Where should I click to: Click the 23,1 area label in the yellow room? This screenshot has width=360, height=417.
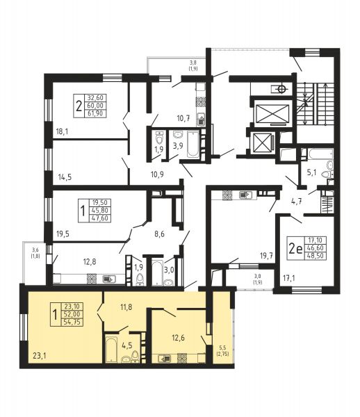[x=40, y=356]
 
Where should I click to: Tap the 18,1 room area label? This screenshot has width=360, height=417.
[x=63, y=131]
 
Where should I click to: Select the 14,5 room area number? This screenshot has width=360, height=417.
[x=65, y=177]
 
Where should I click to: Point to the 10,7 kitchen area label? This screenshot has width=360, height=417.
[x=183, y=118]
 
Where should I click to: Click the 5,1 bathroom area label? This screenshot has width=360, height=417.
[x=311, y=172]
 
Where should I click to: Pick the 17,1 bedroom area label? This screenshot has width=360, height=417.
[x=288, y=279]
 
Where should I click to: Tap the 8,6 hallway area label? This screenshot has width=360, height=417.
[x=160, y=234]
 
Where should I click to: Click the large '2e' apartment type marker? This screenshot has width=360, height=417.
[x=295, y=249]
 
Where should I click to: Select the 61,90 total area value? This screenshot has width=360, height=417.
[x=95, y=113]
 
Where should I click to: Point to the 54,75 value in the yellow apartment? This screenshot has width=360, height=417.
[x=72, y=322]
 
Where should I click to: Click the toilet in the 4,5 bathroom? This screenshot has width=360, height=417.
[x=135, y=356]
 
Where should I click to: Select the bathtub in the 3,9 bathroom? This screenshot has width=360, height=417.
[x=193, y=144]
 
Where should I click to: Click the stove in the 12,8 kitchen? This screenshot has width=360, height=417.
[x=91, y=278]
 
